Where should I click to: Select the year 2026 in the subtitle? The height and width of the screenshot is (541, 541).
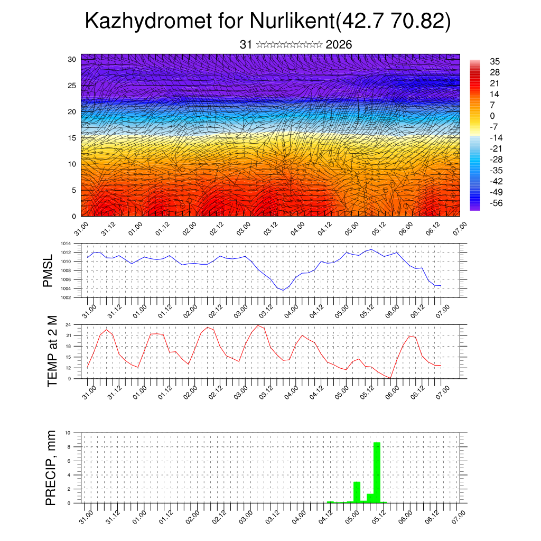(x=339, y=44)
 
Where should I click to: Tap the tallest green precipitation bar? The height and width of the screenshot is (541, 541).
(x=377, y=472)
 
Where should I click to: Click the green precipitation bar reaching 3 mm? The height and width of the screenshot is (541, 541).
(x=357, y=492)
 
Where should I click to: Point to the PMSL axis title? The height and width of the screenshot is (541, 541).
(x=48, y=270)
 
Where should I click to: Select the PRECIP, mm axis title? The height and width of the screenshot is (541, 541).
(x=51, y=468)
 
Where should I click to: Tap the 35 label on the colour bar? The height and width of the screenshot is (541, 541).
(x=495, y=61)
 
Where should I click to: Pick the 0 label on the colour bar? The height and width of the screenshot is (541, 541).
(x=492, y=116)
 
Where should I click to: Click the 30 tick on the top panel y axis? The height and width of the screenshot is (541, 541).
(x=72, y=59)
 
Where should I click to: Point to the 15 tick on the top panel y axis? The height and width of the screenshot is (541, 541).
(x=72, y=138)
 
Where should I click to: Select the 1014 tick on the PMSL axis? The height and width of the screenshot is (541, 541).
(x=65, y=244)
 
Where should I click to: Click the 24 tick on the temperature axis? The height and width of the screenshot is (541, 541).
(x=69, y=324)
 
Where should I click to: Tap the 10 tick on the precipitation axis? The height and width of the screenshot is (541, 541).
(x=68, y=433)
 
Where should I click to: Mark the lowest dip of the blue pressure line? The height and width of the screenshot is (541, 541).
(x=283, y=290)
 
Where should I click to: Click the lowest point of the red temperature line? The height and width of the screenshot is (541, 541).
(x=390, y=378)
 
